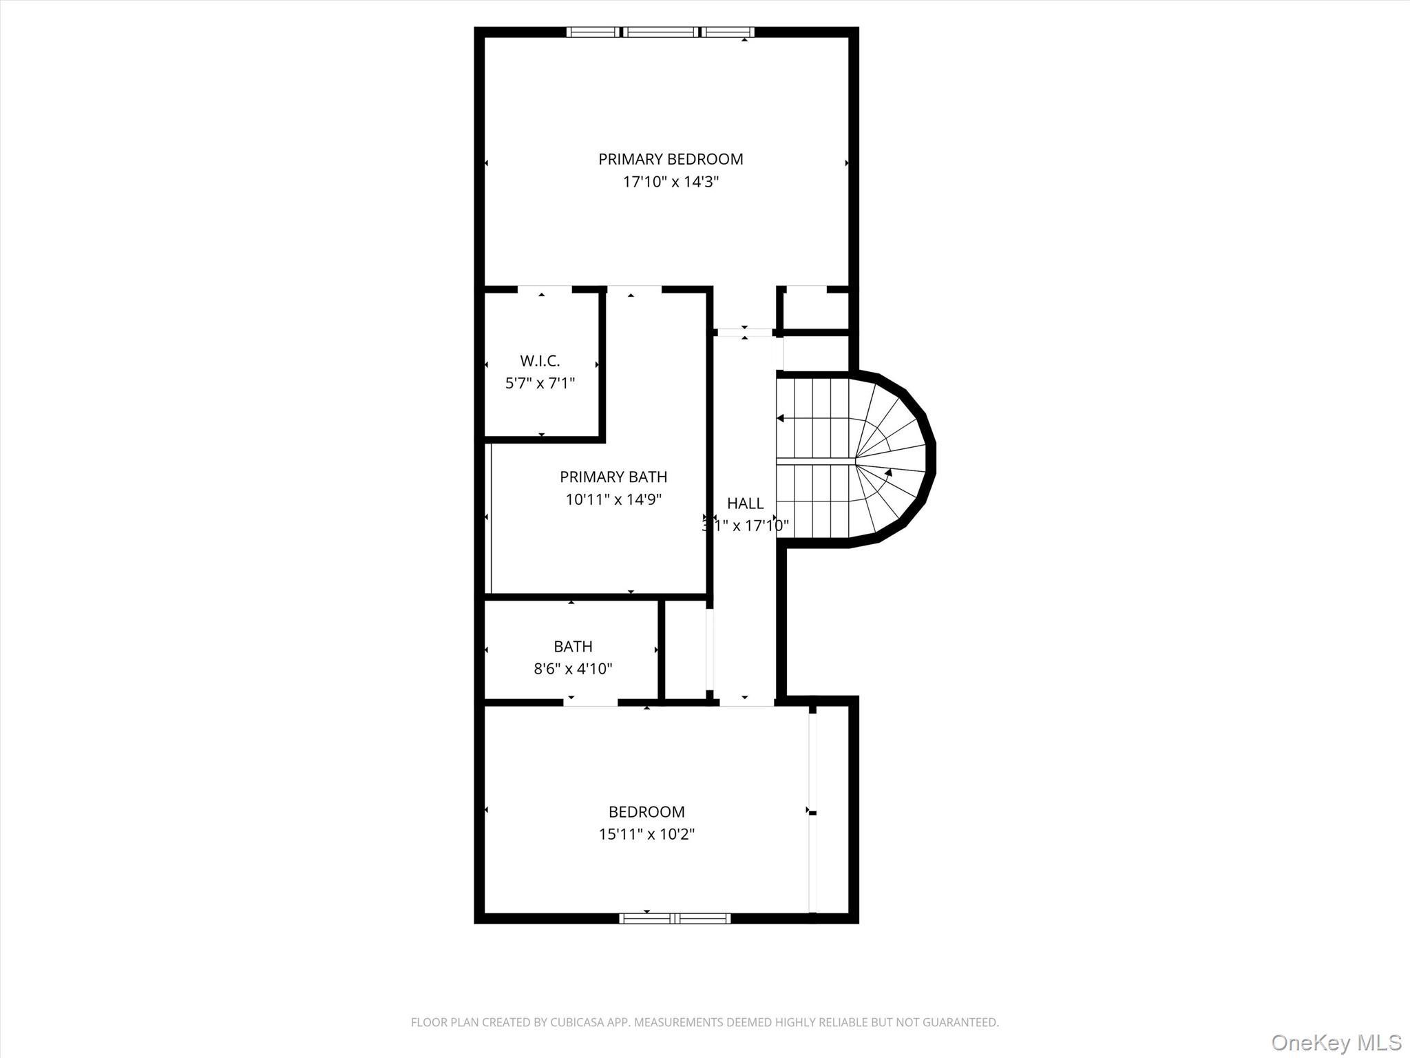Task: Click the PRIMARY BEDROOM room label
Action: (x=671, y=159)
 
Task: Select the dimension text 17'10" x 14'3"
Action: (x=671, y=182)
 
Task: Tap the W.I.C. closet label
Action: (x=540, y=361)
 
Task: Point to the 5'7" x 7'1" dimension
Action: (x=540, y=383)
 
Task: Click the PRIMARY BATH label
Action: (x=613, y=477)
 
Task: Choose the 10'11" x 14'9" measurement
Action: (x=613, y=499)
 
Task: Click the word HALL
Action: (x=745, y=504)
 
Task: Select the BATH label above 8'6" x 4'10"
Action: (x=573, y=646)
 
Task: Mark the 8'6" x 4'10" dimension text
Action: (x=573, y=669)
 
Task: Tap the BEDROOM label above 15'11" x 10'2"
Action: (x=646, y=812)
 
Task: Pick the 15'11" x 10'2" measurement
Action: (x=646, y=835)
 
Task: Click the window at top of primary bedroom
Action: (x=660, y=32)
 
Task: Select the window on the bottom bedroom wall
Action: (x=675, y=918)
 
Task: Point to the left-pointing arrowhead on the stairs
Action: (x=781, y=418)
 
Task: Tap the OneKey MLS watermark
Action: (x=1336, y=1042)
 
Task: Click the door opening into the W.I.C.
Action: (x=544, y=290)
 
